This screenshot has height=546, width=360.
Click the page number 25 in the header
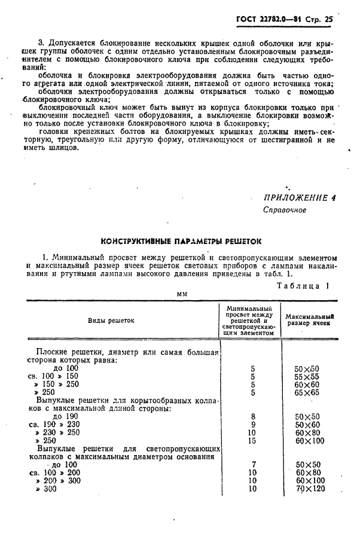tap(327, 19)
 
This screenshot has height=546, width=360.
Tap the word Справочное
tap(285, 211)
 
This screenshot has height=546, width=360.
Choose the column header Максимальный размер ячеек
tap(309, 320)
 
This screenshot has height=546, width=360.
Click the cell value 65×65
tap(307, 393)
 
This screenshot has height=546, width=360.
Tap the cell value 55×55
tap(307, 377)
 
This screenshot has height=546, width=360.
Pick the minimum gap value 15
tap(252, 440)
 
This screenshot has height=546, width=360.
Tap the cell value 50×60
tap(307, 425)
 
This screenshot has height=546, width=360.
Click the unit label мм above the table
tap(181, 294)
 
